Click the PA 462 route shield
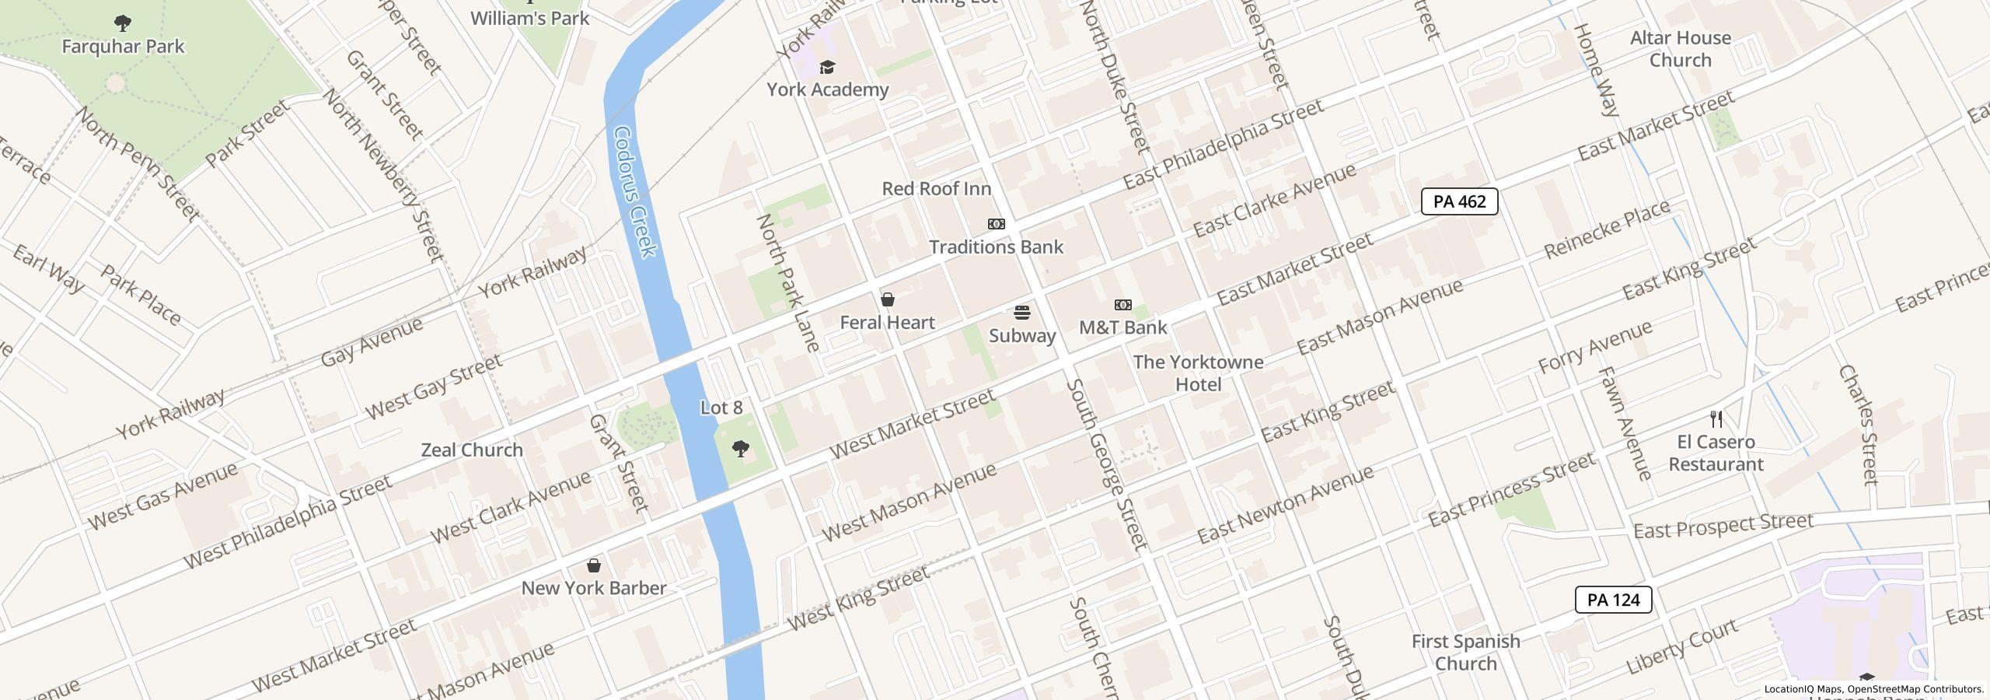pos(1459,201)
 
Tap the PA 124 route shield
pos(1613,600)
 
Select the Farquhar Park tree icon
pos(122,23)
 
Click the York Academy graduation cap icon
pos(827,68)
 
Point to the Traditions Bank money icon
pos(996,224)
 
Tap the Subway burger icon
pos(1022,313)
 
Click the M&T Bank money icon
pos(1123,305)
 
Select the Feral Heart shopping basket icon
pos(887,299)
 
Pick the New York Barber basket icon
pos(594,565)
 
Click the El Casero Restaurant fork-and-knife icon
pos(1716,419)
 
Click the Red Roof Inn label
pos(936,188)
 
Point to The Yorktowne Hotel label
pos(1198,373)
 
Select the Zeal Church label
pos(472,450)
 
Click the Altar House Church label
pos(1680,49)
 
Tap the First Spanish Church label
pos(1465,652)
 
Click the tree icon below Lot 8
pos(742,448)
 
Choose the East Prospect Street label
pos(1723,527)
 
